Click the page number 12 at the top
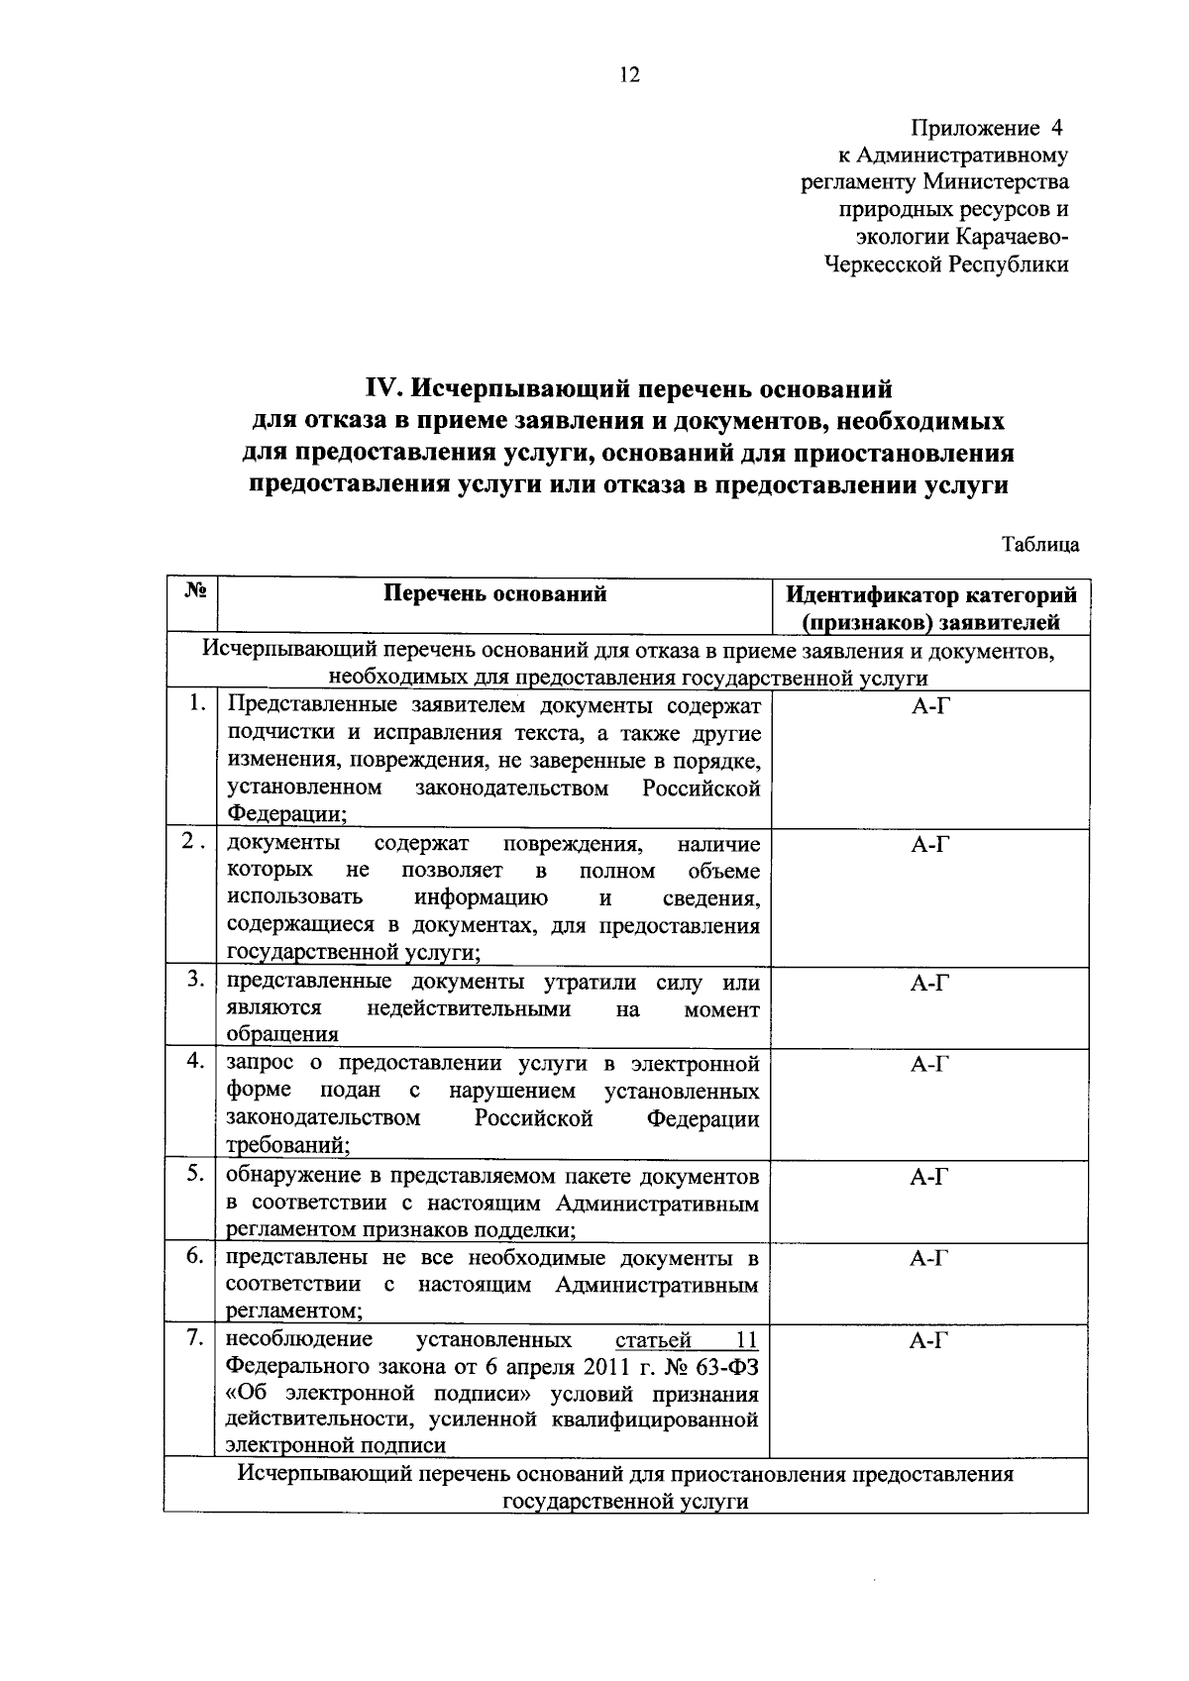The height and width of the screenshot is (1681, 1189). tap(629, 75)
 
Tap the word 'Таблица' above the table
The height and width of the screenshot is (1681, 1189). tap(1039, 545)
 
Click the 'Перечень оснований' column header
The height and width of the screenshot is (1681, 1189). tap(494, 593)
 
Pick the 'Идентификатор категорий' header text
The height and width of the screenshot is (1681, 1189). tap(930, 595)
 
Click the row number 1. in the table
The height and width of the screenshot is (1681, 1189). tap(198, 703)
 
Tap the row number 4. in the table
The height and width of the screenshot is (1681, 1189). tap(195, 1061)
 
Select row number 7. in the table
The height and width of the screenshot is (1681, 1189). tap(195, 1338)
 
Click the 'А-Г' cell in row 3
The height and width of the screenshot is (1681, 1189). tap(930, 984)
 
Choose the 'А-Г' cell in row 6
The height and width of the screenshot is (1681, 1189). tap(930, 1259)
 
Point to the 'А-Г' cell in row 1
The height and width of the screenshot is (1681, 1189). tap(930, 706)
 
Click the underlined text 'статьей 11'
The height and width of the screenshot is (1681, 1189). tap(687, 1340)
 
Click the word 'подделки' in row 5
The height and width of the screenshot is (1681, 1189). tap(530, 1230)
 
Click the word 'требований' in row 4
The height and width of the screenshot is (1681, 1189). tap(285, 1145)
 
